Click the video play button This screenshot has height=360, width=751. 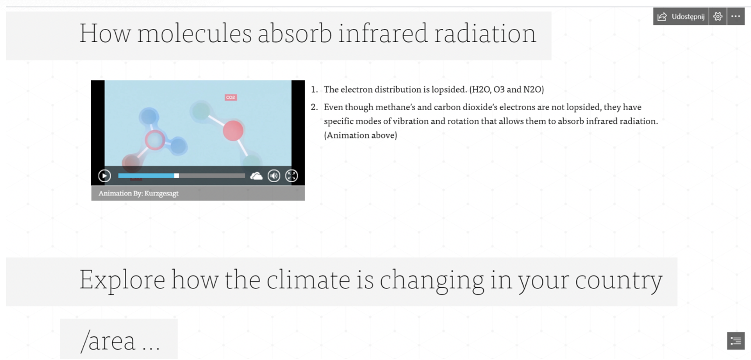[x=104, y=176]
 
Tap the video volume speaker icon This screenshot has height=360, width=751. [x=274, y=176]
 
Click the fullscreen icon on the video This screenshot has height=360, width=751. [x=292, y=176]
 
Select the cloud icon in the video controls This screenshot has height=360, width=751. [x=256, y=176]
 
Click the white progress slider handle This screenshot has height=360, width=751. [x=176, y=176]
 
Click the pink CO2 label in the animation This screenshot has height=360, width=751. [x=231, y=97]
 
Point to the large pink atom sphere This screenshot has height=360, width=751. [x=233, y=131]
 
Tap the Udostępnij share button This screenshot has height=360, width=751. [x=681, y=17]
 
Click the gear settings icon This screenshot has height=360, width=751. [x=718, y=17]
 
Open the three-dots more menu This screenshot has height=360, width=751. [x=736, y=17]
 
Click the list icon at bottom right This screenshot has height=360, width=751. [x=736, y=341]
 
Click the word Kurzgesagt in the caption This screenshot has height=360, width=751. [x=162, y=193]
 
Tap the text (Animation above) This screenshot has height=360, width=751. [x=361, y=135]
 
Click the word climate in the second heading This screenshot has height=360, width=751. [x=308, y=280]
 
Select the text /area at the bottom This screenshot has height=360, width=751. [x=108, y=341]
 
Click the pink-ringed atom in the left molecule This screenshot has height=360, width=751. [x=155, y=140]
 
